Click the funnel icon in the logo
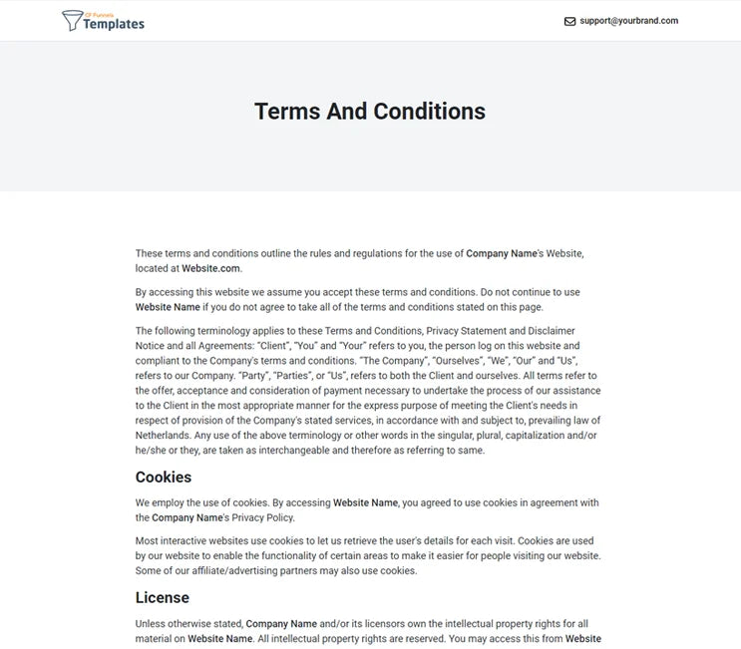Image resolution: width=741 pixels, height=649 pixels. [73, 20]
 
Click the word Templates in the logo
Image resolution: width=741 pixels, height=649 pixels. [114, 24]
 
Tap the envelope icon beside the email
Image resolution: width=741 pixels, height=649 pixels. [569, 21]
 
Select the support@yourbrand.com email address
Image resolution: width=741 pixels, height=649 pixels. [628, 21]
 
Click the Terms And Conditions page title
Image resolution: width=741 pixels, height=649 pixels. [370, 111]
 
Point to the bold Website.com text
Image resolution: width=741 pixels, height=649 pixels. [211, 268]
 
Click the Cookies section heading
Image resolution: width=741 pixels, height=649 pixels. [164, 478]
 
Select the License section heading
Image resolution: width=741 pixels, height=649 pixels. [163, 598]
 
